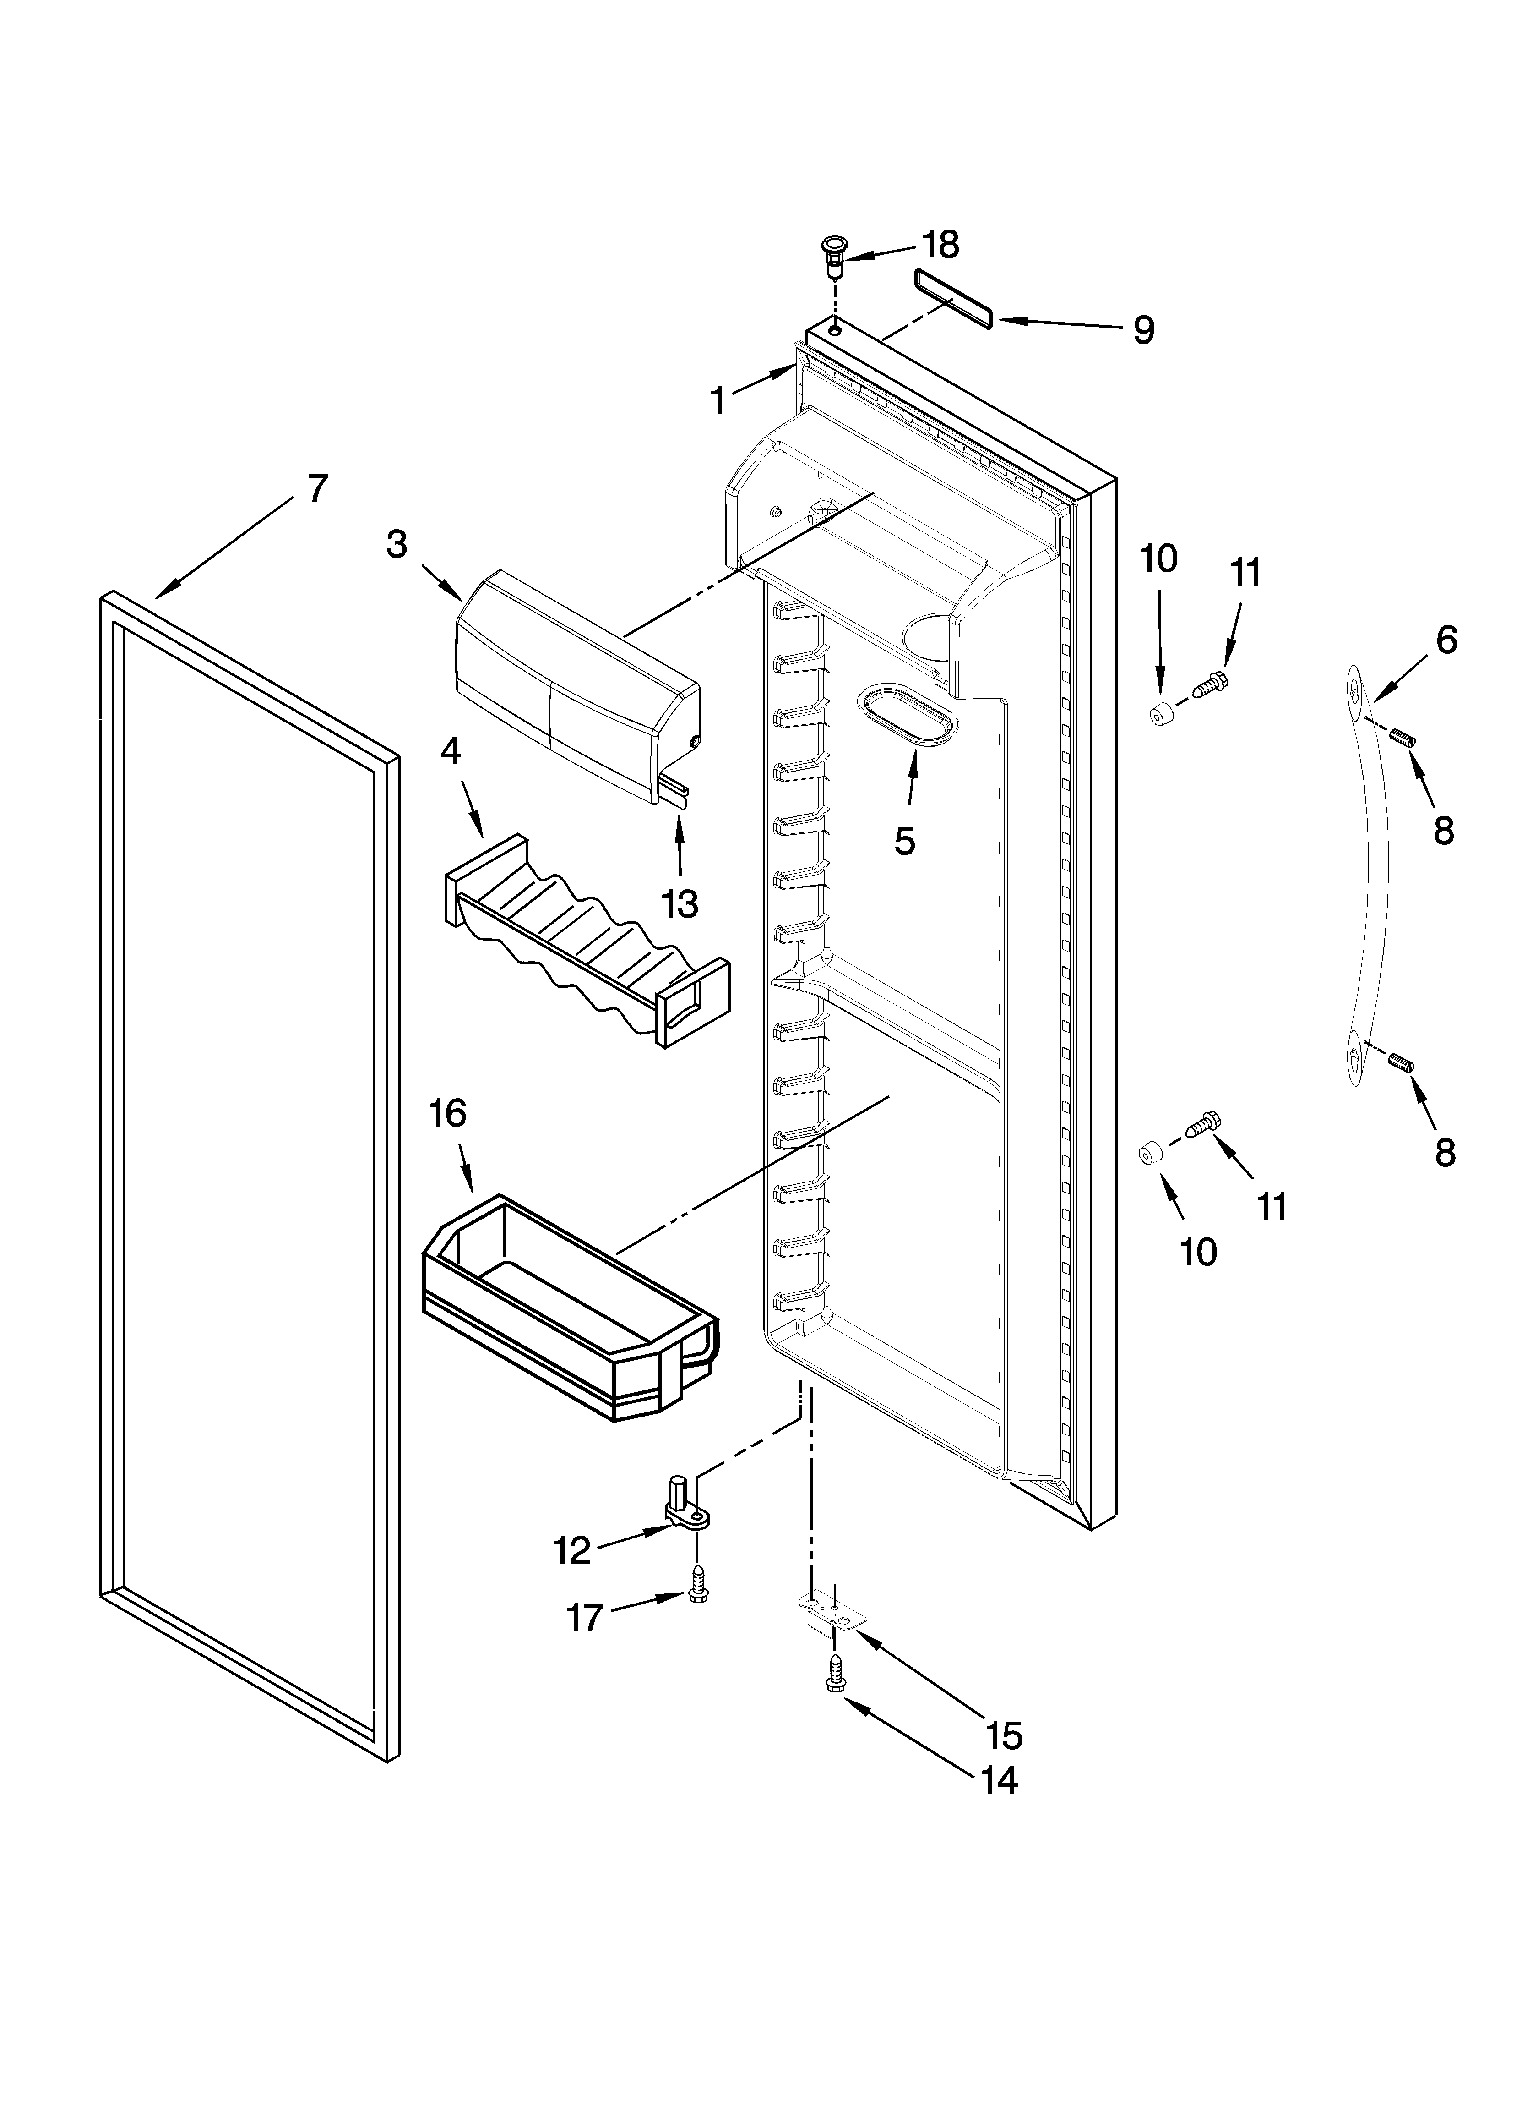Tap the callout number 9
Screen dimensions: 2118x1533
[x=1144, y=330]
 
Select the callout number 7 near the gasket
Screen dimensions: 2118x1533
[x=317, y=488]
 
